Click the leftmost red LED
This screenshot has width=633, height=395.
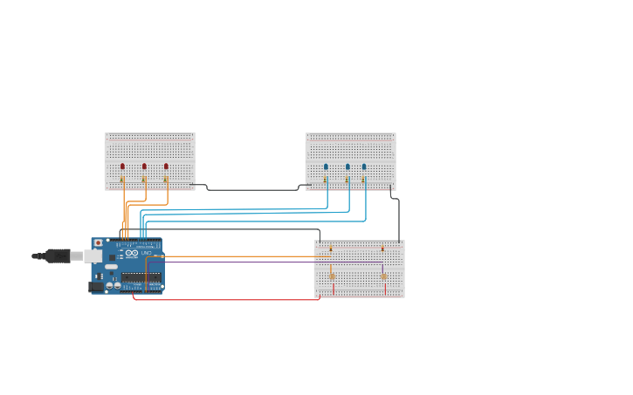[x=122, y=166]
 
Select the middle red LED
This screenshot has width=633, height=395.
[x=144, y=166]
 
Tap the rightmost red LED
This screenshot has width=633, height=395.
[x=166, y=166]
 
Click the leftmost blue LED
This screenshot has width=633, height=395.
[x=326, y=166]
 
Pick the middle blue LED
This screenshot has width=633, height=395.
[x=347, y=166]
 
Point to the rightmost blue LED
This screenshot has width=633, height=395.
[x=364, y=166]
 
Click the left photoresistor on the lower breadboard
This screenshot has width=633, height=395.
[x=332, y=276]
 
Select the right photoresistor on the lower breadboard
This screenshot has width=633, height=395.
[x=383, y=276]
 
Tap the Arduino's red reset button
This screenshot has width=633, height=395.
[x=98, y=242]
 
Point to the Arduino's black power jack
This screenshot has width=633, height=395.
[x=95, y=286]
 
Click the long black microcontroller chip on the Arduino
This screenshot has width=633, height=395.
[x=141, y=277]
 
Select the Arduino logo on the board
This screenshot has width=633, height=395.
[x=131, y=253]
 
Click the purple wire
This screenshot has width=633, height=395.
[x=262, y=262]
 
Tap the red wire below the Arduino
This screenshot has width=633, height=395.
[x=227, y=300]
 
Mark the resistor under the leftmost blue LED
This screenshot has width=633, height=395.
[x=326, y=180]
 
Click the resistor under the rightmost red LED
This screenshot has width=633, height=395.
[x=166, y=180]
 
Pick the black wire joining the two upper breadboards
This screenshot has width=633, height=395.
[x=253, y=189]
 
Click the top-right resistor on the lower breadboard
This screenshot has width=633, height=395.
[x=382, y=249]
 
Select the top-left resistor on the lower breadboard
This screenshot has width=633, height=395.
[x=330, y=249]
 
